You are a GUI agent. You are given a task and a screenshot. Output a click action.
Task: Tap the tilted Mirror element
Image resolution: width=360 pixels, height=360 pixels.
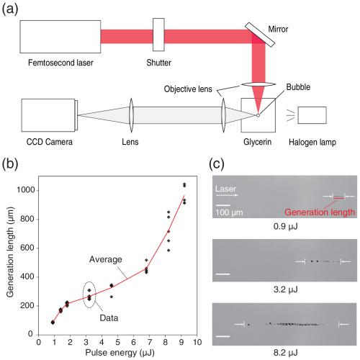pyautogui.click(x=260, y=35)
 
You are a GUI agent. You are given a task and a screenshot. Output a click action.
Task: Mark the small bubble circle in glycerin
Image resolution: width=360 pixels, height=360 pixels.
pyautogui.click(x=258, y=115)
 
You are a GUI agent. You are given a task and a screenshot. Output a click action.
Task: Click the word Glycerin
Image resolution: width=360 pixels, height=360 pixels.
pyautogui.click(x=257, y=142)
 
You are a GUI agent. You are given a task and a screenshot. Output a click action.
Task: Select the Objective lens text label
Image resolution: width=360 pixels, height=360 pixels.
pyautogui.click(x=188, y=89)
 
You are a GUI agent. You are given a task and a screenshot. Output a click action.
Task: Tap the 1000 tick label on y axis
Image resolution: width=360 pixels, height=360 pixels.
pyautogui.click(x=25, y=190)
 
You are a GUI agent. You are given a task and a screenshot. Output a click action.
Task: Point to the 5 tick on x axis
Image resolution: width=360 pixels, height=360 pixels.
pyautogui.click(x=117, y=342)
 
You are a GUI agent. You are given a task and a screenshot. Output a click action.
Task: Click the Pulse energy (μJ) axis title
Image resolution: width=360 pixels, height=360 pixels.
pyautogui.click(x=120, y=353)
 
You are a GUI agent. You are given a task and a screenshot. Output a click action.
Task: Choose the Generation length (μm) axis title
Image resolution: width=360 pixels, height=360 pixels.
pyautogui.click(x=10, y=252)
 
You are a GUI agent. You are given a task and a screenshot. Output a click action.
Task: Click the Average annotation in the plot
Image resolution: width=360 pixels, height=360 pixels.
pyautogui.click(x=106, y=259)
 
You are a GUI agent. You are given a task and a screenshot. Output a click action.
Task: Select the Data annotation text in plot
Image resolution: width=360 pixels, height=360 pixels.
pyautogui.click(x=109, y=318)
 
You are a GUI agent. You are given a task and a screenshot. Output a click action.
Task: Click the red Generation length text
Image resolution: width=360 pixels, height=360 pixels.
pyautogui.click(x=320, y=212)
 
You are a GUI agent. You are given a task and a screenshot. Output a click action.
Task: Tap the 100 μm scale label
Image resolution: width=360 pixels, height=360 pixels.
pyautogui.click(x=229, y=212)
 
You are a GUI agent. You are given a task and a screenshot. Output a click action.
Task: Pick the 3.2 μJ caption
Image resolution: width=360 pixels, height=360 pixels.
pyautogui.click(x=285, y=289)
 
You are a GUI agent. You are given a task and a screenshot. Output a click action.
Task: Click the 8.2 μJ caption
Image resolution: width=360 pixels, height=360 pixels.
pyautogui.click(x=285, y=353)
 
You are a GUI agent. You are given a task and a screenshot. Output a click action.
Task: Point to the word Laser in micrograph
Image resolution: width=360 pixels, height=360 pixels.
pyautogui.click(x=225, y=189)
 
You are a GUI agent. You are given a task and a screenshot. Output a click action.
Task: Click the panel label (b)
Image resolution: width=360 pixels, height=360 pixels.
pyautogui.click(x=10, y=165)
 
